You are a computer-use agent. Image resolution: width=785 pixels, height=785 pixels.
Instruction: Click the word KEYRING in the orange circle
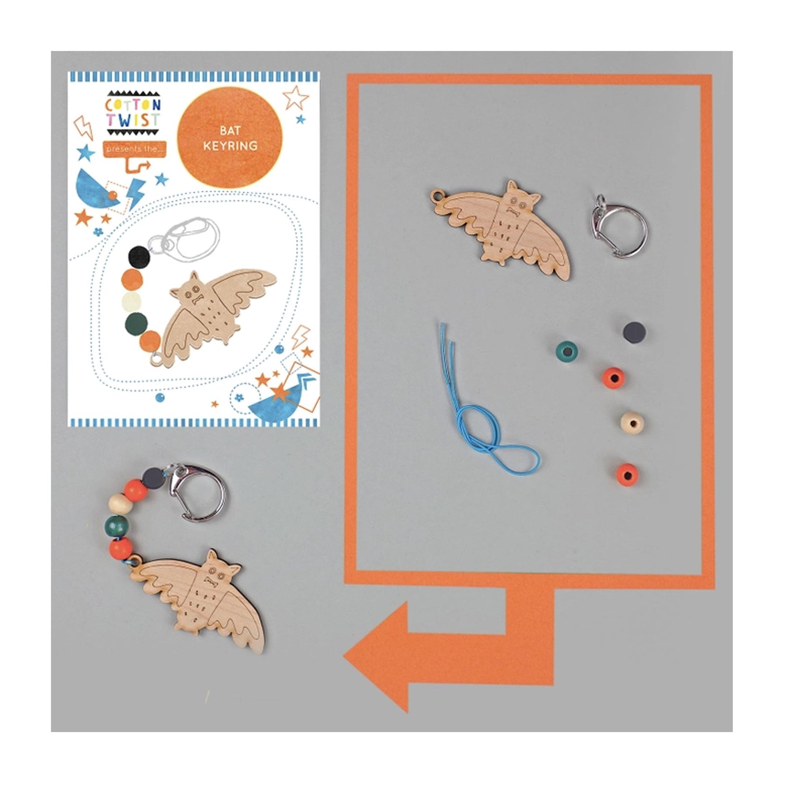tap(230, 146)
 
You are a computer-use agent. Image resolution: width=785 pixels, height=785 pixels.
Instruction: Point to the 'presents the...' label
tap(134, 149)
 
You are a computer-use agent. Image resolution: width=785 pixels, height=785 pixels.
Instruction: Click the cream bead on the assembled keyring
tap(118, 505)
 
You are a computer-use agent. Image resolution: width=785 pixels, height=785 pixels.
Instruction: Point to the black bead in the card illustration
tap(139, 256)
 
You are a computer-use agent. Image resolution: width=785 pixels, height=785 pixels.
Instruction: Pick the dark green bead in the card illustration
tap(136, 321)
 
